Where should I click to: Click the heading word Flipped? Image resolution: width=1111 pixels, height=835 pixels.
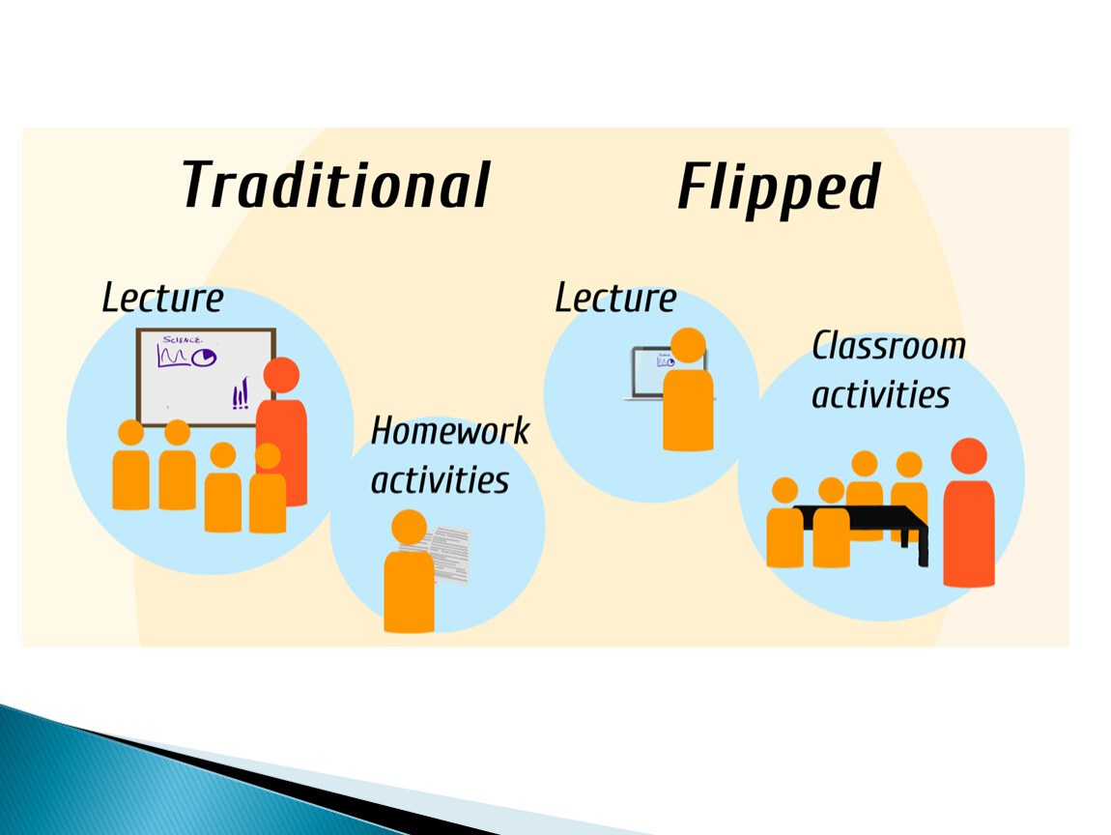coord(779,187)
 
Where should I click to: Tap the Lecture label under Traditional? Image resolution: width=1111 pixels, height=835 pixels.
coord(163,298)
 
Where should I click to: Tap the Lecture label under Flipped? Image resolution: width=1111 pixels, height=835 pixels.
coord(615,298)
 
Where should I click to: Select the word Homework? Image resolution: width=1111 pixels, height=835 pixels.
coord(450,431)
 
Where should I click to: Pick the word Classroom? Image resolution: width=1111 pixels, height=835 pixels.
coord(889,346)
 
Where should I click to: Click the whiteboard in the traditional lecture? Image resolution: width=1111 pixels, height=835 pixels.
coord(206,377)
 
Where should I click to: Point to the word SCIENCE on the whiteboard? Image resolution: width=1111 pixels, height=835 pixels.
coord(182,340)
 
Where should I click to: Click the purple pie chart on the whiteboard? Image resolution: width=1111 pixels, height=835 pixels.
coord(205,358)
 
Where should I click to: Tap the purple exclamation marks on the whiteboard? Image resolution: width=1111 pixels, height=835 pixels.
coord(241,394)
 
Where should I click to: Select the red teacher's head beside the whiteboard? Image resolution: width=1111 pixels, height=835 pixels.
coord(281,375)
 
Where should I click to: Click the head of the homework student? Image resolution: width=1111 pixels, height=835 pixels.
coord(409,528)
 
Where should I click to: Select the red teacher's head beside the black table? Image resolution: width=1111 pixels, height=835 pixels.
coord(969,456)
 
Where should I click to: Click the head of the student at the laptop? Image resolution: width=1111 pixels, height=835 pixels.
coord(688,345)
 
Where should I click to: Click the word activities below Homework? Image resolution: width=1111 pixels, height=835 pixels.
coord(440,480)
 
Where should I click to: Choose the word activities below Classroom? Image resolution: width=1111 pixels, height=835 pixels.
coord(881,395)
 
